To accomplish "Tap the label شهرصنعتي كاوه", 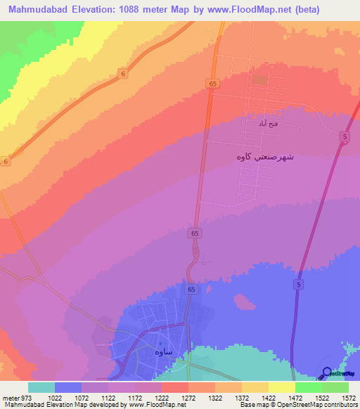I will (x=265, y=157).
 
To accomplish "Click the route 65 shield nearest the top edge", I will (x=212, y=84).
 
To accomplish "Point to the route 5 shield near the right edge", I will (x=345, y=138).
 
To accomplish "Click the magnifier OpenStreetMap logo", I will (x=328, y=374).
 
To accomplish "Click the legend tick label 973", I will (x=27, y=397).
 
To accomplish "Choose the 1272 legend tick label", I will (x=188, y=397).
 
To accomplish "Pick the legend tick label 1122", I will (x=108, y=397).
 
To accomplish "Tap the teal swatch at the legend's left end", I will (x=41, y=387).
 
